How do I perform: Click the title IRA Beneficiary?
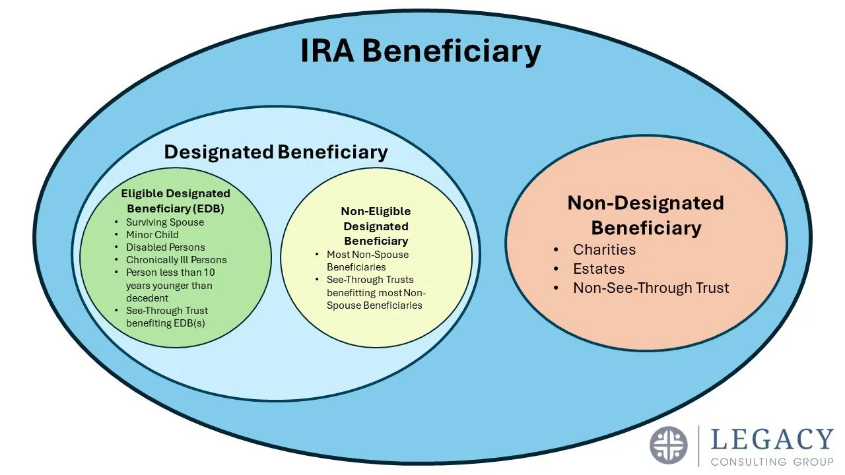click(421, 51)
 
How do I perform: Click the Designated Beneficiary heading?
click(276, 152)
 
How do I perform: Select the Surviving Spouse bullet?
click(165, 222)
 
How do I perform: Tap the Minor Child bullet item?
click(152, 235)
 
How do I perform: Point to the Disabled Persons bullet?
click(165, 247)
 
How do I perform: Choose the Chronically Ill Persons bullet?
click(176, 260)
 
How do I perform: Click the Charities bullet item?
click(604, 249)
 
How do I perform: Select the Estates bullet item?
click(599, 269)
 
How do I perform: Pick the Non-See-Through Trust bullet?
click(651, 288)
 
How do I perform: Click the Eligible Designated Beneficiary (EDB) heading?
click(176, 201)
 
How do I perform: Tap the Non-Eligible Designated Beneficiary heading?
click(376, 226)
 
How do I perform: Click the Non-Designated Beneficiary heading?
click(646, 215)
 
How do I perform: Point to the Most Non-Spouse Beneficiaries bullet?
click(367, 261)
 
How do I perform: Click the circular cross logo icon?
click(669, 445)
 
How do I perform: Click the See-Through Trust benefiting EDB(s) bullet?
click(167, 317)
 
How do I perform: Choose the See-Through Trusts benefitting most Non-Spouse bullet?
click(374, 292)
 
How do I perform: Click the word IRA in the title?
click(329, 51)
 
